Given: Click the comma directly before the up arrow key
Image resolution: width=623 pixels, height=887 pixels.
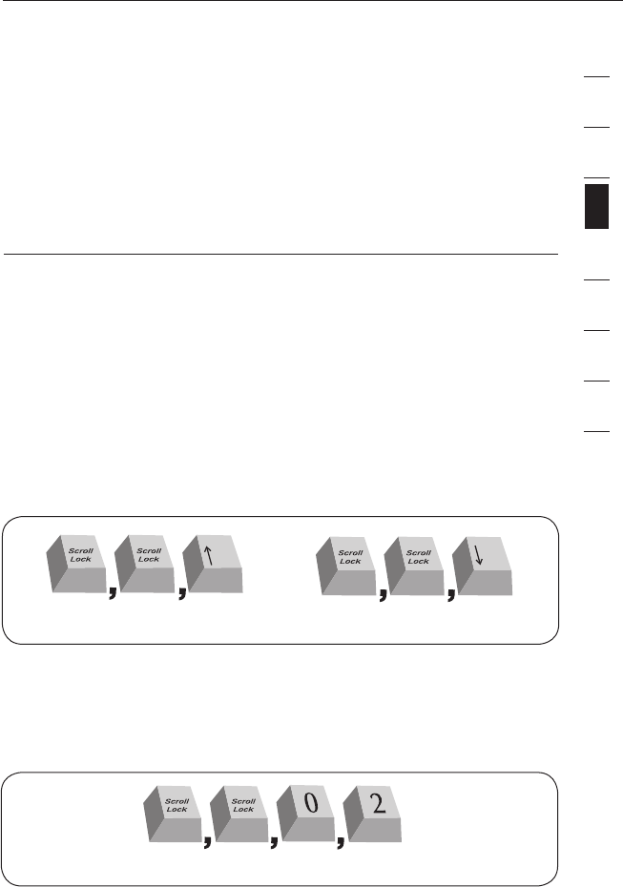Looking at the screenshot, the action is (180, 594).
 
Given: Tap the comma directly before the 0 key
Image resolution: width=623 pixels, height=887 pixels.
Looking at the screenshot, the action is (273, 841).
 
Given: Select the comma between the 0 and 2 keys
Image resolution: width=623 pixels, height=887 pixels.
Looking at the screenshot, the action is (339, 841).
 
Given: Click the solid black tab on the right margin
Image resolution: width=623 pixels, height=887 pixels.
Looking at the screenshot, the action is (596, 208).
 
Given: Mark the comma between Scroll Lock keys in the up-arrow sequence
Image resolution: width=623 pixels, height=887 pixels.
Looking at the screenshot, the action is (113, 594).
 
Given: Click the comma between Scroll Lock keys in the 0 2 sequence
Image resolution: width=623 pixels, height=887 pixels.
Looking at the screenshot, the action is (206, 841).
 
